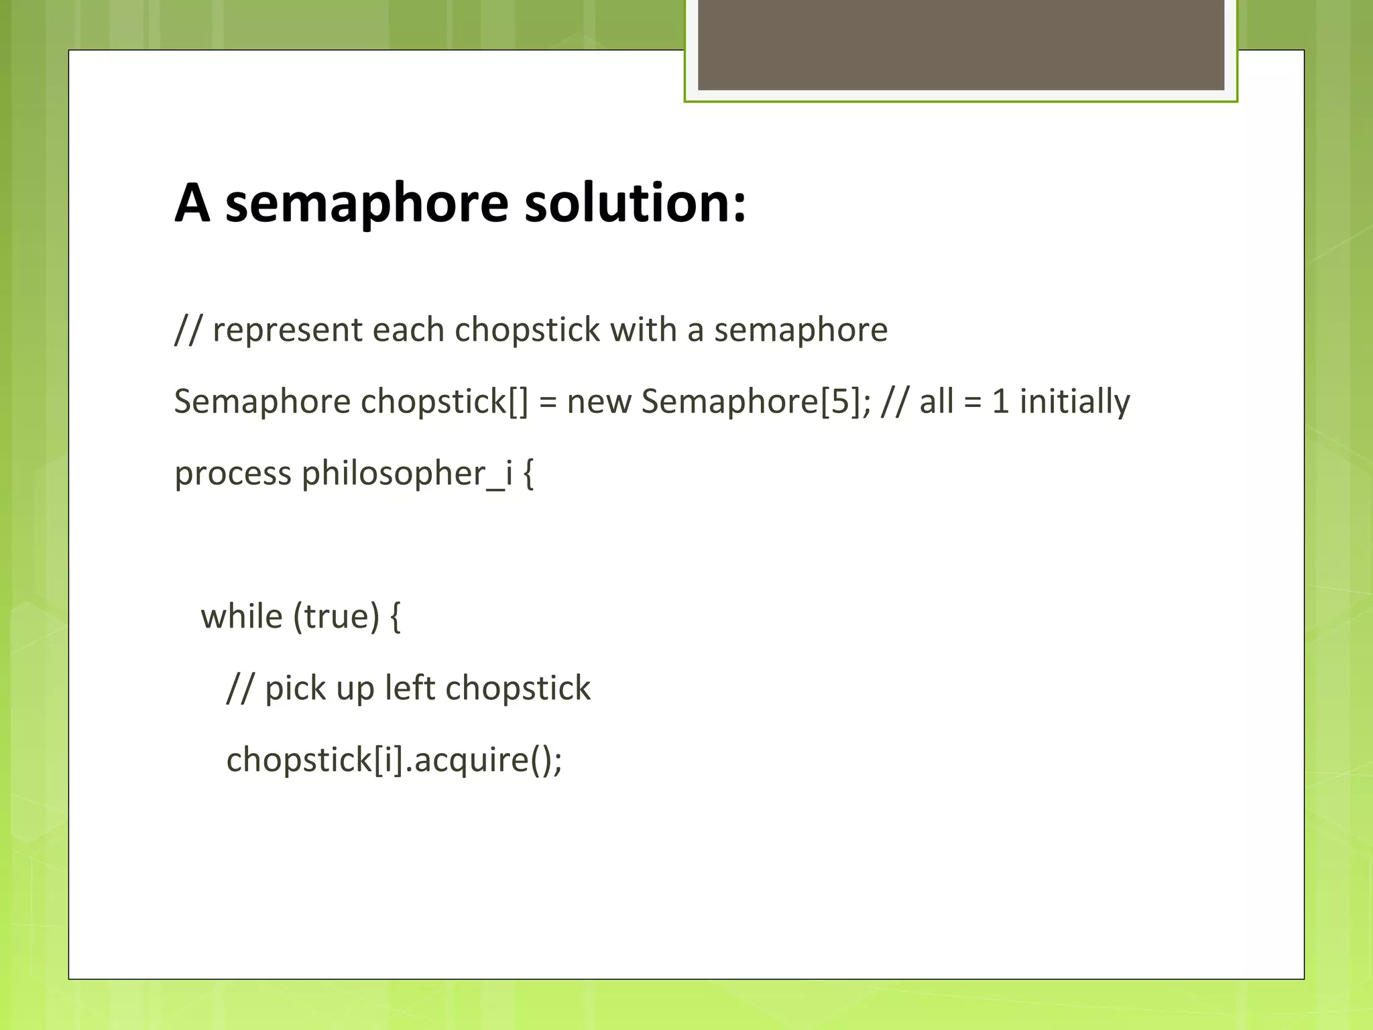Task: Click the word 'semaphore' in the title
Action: (367, 203)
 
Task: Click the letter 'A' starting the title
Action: (192, 203)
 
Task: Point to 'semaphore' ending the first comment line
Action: (800, 331)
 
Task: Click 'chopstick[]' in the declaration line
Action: (444, 402)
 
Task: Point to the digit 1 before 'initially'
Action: (1000, 402)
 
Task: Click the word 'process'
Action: (233, 474)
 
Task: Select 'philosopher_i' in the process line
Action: (407, 474)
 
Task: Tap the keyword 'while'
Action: (241, 617)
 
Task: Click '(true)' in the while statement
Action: (337, 617)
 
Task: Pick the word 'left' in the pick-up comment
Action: (410, 689)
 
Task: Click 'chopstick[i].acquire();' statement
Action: (394, 760)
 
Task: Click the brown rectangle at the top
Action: (961, 44)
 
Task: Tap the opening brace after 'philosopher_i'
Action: (528, 474)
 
